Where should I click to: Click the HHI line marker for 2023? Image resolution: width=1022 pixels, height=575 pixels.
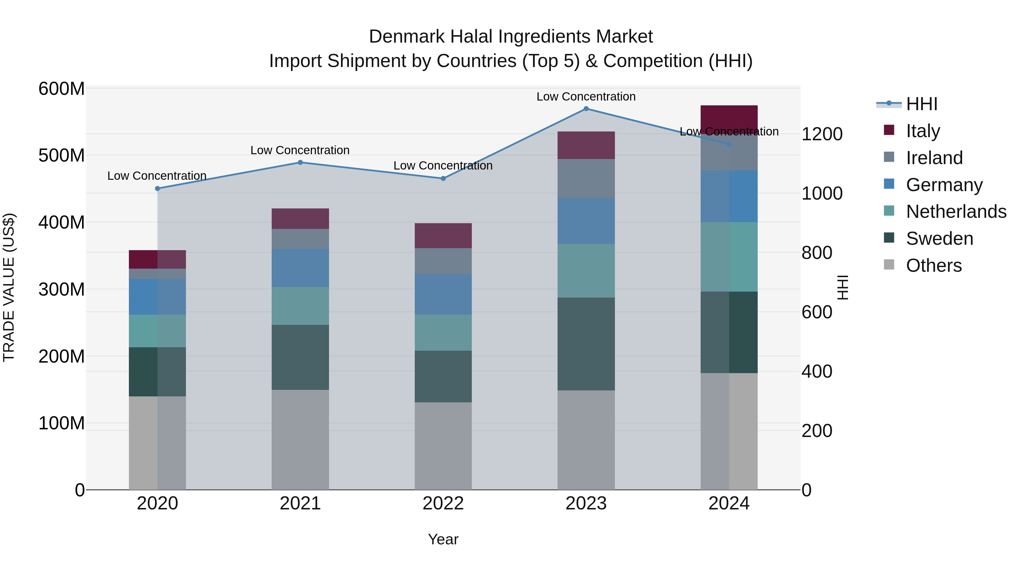coord(586,109)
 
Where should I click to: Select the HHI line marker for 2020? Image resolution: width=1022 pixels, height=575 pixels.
coord(158,189)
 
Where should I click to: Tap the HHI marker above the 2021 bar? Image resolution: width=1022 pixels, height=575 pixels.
coord(300,162)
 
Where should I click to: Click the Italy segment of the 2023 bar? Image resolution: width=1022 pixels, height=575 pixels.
coord(586,145)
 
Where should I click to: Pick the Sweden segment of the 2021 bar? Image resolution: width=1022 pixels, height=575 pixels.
coord(300,357)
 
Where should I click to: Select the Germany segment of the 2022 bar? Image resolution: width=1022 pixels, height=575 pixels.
coord(443,294)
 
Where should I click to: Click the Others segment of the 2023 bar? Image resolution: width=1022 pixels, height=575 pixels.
coord(586,440)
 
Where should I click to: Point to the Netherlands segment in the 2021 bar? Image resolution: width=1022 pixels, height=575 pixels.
coord(300,306)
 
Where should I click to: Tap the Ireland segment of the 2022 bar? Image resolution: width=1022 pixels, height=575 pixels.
coord(443,261)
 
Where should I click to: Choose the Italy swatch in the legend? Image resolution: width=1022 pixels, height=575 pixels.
coord(889,130)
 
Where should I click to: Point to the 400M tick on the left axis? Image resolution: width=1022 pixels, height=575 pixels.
coord(62,222)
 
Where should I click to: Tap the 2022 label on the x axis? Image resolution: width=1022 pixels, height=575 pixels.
coord(443,503)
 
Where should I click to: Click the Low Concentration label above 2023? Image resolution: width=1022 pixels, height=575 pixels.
coord(586,97)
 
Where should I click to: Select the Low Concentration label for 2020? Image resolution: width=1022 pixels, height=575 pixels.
coord(157,176)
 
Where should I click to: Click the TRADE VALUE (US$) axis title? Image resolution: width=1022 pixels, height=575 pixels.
coord(9,287)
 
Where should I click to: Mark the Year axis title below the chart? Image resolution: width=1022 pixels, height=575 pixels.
coord(443,539)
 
